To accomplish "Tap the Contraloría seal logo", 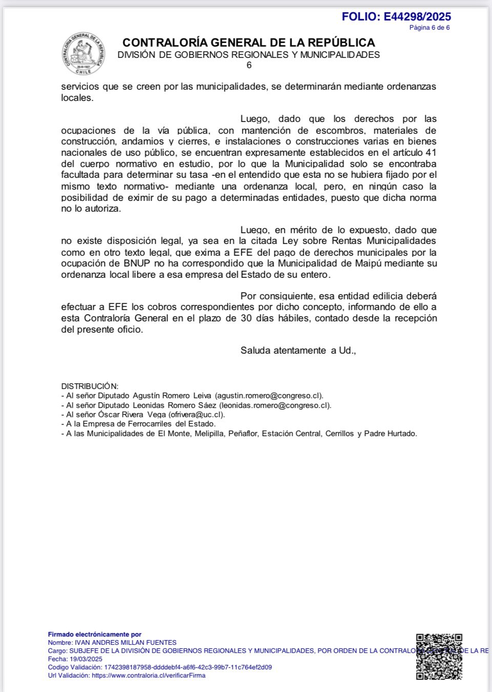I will tap(85, 53).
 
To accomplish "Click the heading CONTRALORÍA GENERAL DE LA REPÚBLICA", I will tap(249, 43).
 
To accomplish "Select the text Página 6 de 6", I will tap(429, 28).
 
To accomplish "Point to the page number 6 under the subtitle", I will tap(249, 66).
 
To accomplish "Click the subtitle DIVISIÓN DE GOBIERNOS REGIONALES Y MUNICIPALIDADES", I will tap(249, 55).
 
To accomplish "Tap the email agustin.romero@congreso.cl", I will tap(269, 396).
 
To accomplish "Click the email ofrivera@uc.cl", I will tap(196, 415).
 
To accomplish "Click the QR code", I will tap(439, 657).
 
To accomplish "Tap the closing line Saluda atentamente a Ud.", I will tap(298, 351).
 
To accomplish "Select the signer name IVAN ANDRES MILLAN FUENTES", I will tap(126, 642).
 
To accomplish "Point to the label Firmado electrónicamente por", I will tap(94, 634).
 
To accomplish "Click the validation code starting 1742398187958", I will tap(188, 667).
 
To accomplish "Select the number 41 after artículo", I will tap(431, 153).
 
